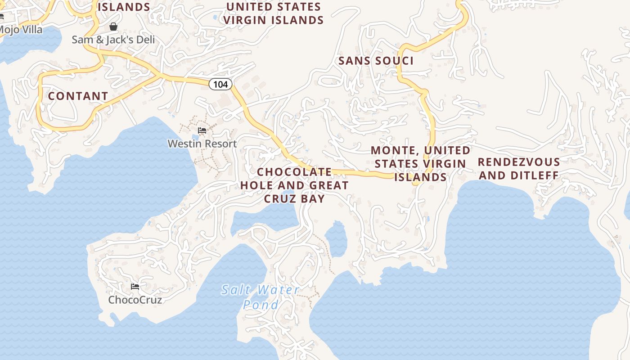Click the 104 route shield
coord(220,84)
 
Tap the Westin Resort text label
coord(202,144)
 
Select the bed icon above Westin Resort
coord(202,131)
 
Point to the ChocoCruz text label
coord(135,300)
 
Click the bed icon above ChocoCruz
coord(135,286)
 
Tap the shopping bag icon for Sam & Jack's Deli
coord(113,27)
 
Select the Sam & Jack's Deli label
coord(113,40)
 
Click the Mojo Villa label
coord(21,30)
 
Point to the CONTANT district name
coord(78,96)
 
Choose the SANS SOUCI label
coord(376,61)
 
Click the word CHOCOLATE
coord(294,172)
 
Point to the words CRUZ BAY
coord(294,198)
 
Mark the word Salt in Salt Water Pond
coord(234,290)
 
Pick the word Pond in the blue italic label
coord(261,305)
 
